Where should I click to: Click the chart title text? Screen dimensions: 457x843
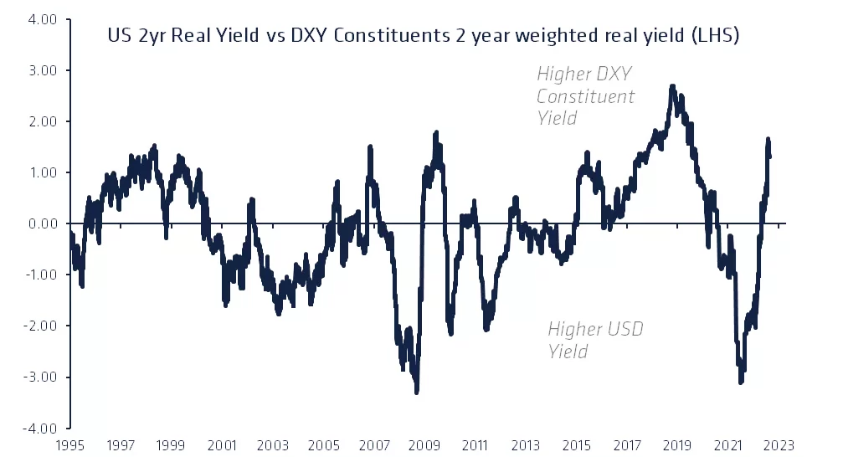click(x=423, y=36)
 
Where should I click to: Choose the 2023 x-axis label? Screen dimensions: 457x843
click(x=779, y=446)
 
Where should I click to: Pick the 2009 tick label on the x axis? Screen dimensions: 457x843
click(x=424, y=446)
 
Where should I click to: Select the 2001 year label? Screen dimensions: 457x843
click(x=221, y=446)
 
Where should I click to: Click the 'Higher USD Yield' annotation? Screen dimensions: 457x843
click(x=595, y=340)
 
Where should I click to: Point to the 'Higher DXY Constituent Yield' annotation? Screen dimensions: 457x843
click(x=585, y=95)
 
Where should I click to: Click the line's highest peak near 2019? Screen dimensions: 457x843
click(x=672, y=86)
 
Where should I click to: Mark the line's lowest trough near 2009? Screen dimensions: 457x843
click(x=416, y=391)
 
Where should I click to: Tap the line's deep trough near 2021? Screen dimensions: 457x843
click(x=741, y=382)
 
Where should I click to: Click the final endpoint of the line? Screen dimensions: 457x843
click(x=769, y=156)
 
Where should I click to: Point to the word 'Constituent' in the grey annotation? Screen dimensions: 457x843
click(x=585, y=95)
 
